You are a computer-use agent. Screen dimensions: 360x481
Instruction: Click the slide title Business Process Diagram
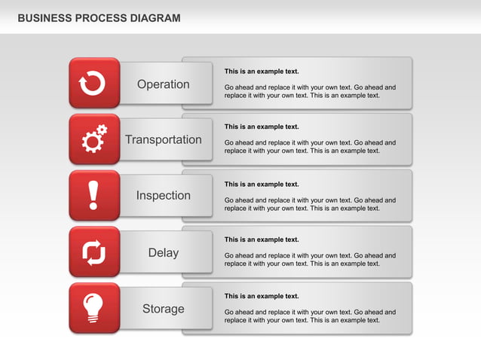tap(99, 18)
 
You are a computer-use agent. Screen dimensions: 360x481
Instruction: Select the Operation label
tap(164, 84)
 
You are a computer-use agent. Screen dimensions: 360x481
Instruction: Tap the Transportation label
tap(164, 140)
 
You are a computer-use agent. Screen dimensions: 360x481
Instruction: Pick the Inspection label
tap(164, 196)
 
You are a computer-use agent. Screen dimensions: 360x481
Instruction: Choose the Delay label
tap(164, 253)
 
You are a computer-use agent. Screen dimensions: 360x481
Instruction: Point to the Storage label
tap(164, 309)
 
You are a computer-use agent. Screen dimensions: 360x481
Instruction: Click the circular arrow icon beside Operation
tap(93, 84)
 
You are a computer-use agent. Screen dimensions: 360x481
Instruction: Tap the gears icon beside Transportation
tap(93, 139)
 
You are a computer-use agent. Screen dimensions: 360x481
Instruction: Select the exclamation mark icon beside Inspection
tap(93, 195)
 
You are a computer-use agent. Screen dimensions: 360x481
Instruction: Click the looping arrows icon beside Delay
tap(93, 252)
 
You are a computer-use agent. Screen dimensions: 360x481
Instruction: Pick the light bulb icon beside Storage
tap(93, 308)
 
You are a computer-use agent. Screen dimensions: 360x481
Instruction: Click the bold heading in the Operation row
tap(262, 72)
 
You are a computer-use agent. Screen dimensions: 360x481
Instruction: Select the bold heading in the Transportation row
tap(262, 127)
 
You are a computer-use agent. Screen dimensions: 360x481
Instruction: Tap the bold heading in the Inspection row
tap(262, 184)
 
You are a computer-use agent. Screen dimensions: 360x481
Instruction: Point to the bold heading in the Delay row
tap(262, 239)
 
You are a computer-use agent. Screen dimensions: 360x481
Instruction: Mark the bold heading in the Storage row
tap(262, 296)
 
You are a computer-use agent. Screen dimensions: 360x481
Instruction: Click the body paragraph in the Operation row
tap(310, 91)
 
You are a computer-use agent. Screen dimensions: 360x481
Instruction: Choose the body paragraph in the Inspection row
tap(310, 204)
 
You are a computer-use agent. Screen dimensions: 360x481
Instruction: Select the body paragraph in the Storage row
tap(310, 316)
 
